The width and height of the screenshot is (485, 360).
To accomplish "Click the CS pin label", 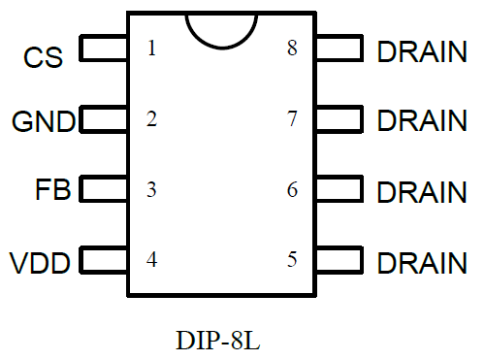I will tap(43, 57).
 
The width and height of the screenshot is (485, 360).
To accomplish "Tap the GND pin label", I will tap(43, 122).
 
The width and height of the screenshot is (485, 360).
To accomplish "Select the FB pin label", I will tap(51, 190).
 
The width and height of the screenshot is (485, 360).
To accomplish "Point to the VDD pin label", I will tap(40, 262).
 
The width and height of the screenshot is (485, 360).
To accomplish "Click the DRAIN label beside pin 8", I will tap(421, 51).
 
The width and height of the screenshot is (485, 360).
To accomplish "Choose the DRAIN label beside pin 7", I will tap(421, 121).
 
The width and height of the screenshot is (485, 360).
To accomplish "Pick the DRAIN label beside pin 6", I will tap(421, 191).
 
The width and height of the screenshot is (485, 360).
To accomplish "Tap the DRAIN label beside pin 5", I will tap(421, 262).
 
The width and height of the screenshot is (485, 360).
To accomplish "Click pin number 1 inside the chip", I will tap(151, 49).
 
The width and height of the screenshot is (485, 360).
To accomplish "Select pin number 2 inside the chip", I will tap(151, 119).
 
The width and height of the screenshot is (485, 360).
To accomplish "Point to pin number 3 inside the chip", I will tap(151, 189).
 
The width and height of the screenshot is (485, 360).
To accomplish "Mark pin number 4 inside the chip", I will tap(151, 259).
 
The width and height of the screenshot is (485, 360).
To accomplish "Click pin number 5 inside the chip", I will tap(292, 259).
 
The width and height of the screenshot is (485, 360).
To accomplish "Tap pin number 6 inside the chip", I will tap(292, 189).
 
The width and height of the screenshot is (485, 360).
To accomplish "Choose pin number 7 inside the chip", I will tap(292, 119).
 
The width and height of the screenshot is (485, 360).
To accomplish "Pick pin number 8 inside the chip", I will tap(292, 49).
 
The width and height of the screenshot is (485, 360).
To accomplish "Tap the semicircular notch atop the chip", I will tap(221, 27).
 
